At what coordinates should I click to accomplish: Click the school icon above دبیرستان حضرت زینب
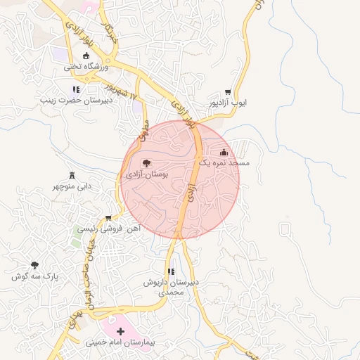(x=76, y=89)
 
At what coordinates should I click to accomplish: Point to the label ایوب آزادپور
(x=228, y=103)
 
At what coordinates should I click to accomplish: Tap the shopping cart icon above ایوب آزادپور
(x=227, y=92)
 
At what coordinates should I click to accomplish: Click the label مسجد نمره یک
(x=224, y=162)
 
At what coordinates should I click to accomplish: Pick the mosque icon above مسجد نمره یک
(x=224, y=152)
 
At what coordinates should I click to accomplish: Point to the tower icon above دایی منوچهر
(x=71, y=175)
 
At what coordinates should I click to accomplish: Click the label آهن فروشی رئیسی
(x=110, y=229)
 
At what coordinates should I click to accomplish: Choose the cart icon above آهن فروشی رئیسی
(x=108, y=218)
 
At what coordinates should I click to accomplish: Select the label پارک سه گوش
(x=33, y=276)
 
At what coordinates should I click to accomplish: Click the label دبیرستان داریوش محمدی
(x=172, y=287)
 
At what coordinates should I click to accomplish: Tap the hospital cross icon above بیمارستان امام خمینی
(x=120, y=330)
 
